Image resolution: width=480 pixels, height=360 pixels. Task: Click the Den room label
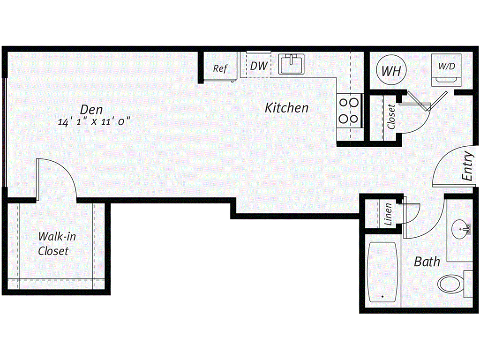pyautogui.click(x=91, y=109)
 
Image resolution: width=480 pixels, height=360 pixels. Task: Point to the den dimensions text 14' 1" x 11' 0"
pyautogui.click(x=94, y=122)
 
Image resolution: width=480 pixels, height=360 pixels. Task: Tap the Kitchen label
pyautogui.click(x=286, y=108)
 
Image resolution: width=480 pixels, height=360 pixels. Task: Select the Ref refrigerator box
pyautogui.click(x=220, y=68)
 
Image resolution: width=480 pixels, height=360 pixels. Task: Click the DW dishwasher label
pyautogui.click(x=258, y=66)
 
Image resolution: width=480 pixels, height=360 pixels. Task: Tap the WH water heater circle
pyautogui.click(x=391, y=71)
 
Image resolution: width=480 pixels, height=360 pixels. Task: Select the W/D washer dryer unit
pyautogui.click(x=446, y=70)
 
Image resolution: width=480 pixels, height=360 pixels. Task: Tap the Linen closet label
pyautogui.click(x=388, y=214)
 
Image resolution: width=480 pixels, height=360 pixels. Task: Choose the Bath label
pyautogui.click(x=427, y=262)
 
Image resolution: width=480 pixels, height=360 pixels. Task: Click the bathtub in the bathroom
pyautogui.click(x=383, y=272)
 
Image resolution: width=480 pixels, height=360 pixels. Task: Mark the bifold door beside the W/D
pyautogui.click(x=427, y=101)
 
